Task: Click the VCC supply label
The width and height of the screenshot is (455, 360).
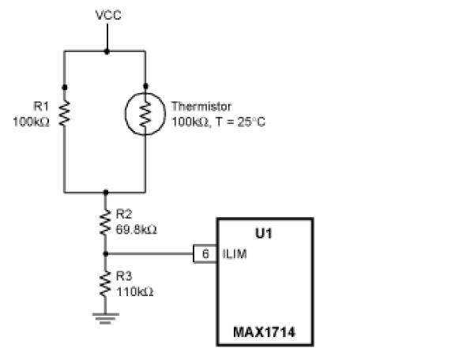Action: point(108,15)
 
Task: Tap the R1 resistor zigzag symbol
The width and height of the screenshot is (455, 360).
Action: point(65,113)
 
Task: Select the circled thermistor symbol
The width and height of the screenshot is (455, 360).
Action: point(145,114)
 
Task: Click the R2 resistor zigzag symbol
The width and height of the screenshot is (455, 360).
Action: point(105,223)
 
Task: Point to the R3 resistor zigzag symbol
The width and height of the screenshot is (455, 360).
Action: point(105,284)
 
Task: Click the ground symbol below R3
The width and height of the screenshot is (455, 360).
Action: point(105,318)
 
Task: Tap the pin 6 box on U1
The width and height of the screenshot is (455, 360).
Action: point(205,254)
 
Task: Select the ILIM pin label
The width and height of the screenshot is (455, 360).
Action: point(235,254)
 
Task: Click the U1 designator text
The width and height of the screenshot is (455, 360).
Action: point(264,234)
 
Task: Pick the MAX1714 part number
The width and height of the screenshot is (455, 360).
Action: point(265,332)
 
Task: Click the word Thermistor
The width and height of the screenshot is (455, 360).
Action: point(201,107)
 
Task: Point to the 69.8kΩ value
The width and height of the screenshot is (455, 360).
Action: point(137,230)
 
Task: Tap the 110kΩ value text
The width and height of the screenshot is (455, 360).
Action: point(134,291)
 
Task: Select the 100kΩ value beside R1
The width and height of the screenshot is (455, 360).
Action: point(32,122)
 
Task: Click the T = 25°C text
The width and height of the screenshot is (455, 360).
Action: point(241,122)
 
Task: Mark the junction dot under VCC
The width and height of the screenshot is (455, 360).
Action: point(107,52)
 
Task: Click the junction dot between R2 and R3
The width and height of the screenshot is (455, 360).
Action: point(106,254)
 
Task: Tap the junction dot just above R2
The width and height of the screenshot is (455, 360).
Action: point(106,193)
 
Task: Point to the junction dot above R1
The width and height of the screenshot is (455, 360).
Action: point(65,88)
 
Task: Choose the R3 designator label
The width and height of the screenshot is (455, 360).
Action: point(124,276)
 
